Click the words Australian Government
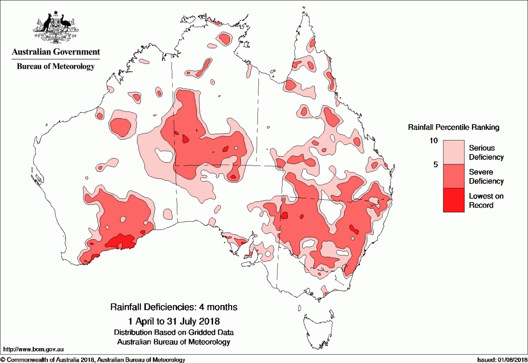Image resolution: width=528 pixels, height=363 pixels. tap(56, 51)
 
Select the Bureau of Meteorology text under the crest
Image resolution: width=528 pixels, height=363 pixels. tap(56, 66)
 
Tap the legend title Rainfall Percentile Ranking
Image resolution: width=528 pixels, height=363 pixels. tap(453, 127)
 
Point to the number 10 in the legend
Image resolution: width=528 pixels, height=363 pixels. tap(434, 140)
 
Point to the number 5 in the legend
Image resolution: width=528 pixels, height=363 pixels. tap(435, 164)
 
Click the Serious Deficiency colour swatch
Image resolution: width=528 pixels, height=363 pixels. tap(453, 152)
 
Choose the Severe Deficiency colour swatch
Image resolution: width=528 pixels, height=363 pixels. tap(453, 176)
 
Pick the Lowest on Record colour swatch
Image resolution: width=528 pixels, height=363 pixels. tap(453, 200)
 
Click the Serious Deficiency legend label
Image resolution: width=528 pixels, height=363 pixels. tap(486, 153)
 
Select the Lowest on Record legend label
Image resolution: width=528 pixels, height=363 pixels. tap(486, 200)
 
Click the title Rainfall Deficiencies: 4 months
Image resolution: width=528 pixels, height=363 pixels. tap(174, 307)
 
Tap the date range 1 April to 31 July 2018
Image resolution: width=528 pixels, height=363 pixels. tap(174, 321)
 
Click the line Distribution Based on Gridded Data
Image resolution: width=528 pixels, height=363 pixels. tap(174, 332)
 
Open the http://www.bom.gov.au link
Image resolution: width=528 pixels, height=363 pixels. tap(33, 349)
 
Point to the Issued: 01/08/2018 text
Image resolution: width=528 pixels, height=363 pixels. tap(502, 360)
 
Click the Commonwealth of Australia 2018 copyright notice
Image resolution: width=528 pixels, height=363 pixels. tap(93, 360)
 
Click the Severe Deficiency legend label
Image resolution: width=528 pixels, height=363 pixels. tap(486, 177)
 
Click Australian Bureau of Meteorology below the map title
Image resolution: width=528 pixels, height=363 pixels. tap(174, 342)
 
